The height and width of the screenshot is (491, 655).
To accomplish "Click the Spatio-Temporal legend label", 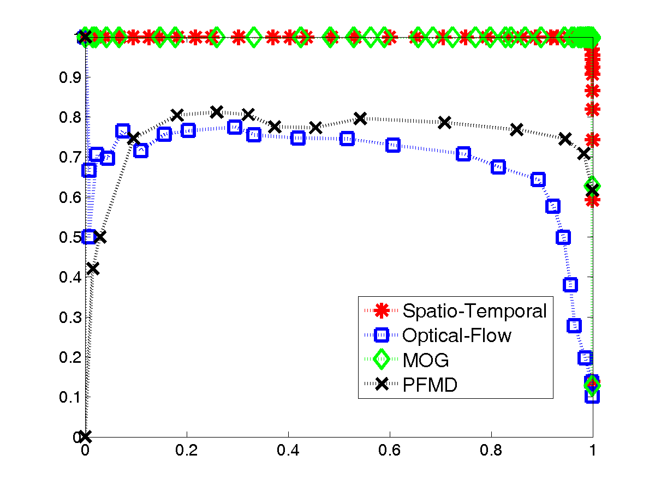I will point(474,310).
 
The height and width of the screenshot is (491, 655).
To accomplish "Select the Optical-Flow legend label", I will point(457,335).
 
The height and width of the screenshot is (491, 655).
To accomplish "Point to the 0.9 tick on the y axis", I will point(70,77).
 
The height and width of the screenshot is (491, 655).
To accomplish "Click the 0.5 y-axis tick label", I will point(70,237).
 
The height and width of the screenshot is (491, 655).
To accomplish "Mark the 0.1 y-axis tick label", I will point(70,397).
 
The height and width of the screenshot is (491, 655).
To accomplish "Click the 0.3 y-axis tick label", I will point(70,317).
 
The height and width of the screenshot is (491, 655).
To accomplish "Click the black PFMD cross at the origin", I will point(85,436).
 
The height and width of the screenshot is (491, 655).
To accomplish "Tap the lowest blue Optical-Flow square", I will point(592,396).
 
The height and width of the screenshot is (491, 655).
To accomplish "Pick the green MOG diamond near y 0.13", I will point(592,385).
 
